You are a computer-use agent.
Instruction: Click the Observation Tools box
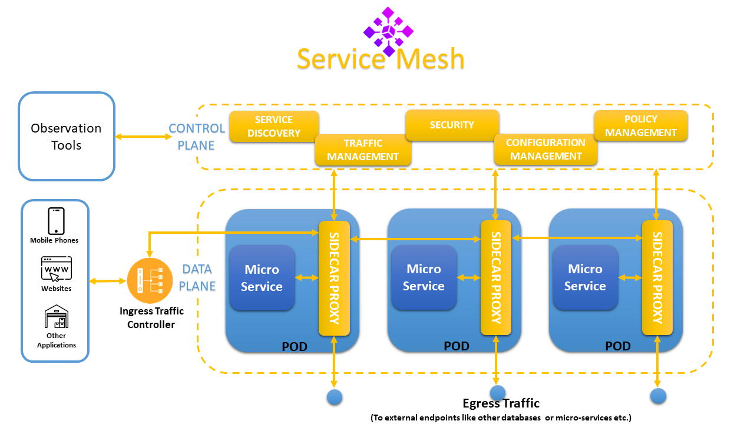click(67, 136)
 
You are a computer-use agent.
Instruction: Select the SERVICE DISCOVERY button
click(274, 126)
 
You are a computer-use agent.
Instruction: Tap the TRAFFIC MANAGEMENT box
click(363, 150)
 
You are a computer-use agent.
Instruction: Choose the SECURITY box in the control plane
click(452, 125)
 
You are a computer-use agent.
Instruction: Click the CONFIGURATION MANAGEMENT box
click(545, 150)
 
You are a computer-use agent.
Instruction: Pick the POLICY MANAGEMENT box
click(640, 125)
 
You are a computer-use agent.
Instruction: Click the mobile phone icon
click(56, 221)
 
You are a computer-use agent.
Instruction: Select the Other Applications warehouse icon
click(57, 317)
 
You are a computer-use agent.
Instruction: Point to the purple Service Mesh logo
click(388, 31)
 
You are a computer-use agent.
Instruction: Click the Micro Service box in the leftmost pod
click(262, 278)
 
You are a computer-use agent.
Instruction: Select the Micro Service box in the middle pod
click(424, 277)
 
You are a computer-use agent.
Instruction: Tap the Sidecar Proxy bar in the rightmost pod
click(657, 277)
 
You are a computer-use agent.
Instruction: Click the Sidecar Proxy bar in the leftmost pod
click(334, 278)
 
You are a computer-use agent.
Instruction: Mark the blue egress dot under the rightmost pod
click(658, 396)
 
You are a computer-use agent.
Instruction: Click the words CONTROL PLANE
click(197, 137)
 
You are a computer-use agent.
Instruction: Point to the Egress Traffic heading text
click(501, 403)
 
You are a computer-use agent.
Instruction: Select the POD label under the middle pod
click(457, 346)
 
